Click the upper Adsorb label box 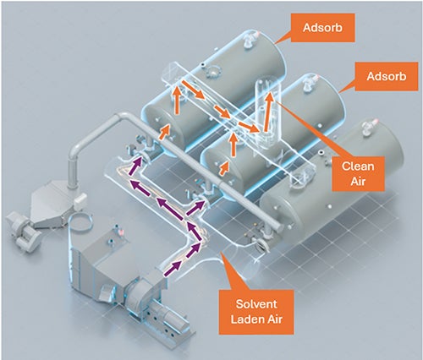322,28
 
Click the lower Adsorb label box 386,76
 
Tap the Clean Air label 358,173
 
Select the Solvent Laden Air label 256,312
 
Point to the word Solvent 256,304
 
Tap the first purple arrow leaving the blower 173,269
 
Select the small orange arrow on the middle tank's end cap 225,168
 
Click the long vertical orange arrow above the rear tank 177,100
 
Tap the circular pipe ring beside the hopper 80,215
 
